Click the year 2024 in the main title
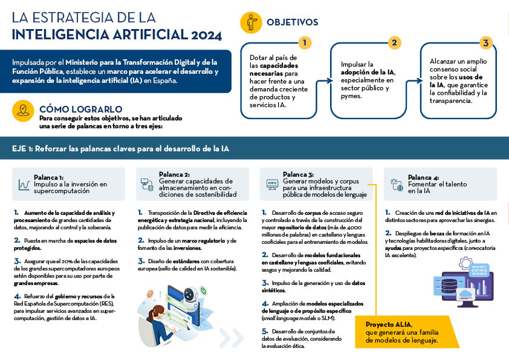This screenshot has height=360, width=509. (206, 34)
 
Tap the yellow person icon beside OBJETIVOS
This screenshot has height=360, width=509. (251, 22)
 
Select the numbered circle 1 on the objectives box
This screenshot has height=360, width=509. (305, 42)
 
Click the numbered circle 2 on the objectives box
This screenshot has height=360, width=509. (394, 42)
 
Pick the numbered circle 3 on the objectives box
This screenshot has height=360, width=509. (485, 42)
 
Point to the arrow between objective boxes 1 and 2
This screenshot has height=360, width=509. (324, 80)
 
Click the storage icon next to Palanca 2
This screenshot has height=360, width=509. (147, 184)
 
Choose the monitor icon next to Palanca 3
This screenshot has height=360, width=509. (272, 184)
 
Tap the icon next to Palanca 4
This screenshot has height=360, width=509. (396, 184)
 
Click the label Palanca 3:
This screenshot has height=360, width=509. (299, 174)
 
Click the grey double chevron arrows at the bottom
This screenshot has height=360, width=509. (232, 338)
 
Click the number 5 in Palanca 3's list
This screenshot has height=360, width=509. (264, 332)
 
